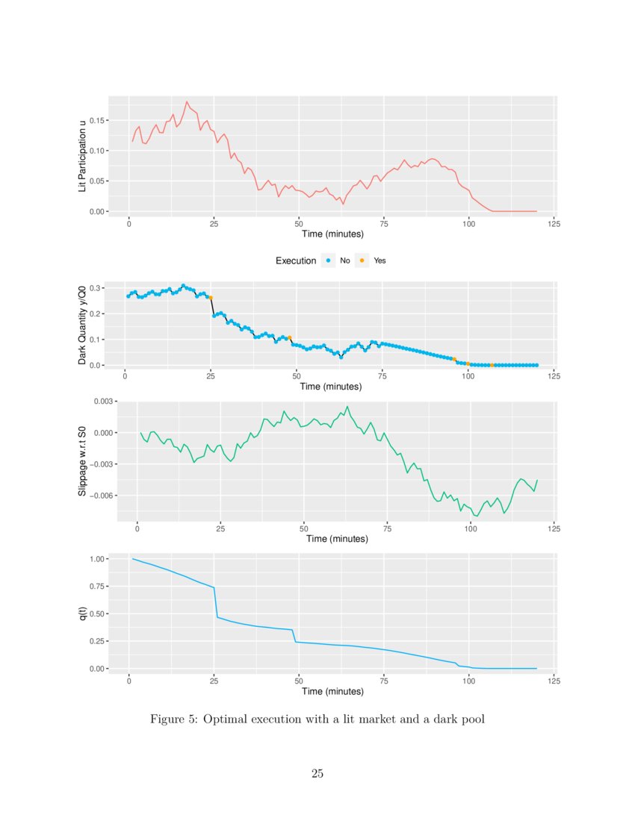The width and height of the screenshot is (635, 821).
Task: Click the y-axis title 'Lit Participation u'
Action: click(x=82, y=154)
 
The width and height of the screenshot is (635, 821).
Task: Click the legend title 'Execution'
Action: click(x=296, y=261)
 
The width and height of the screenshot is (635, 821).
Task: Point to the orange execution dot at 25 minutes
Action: click(x=211, y=298)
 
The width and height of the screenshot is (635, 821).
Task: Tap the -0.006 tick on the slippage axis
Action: click(x=101, y=496)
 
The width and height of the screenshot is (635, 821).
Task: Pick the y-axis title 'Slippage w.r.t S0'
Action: click(x=82, y=463)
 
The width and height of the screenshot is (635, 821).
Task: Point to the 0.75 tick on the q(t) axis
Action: click(x=98, y=587)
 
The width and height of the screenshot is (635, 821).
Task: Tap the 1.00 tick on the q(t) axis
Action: click(x=98, y=559)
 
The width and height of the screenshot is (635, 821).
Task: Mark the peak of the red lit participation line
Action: click(x=187, y=102)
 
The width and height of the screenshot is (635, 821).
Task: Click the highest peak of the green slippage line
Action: click(x=347, y=407)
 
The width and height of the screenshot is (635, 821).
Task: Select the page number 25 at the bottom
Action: click(x=317, y=773)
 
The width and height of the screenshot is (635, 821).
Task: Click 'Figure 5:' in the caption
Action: click(x=173, y=719)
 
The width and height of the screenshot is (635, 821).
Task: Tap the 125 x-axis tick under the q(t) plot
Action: click(x=554, y=681)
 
